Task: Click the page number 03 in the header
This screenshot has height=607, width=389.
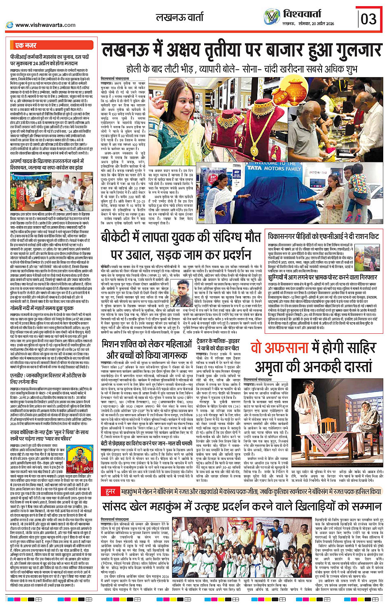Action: point(368,19)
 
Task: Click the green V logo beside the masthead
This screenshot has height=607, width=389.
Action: point(272,17)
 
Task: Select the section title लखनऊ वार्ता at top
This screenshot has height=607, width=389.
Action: point(179,18)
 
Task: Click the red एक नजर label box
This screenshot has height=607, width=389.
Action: point(26,45)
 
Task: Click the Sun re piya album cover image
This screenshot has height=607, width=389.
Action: point(79,455)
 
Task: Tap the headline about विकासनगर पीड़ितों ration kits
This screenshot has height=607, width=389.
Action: point(323,236)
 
